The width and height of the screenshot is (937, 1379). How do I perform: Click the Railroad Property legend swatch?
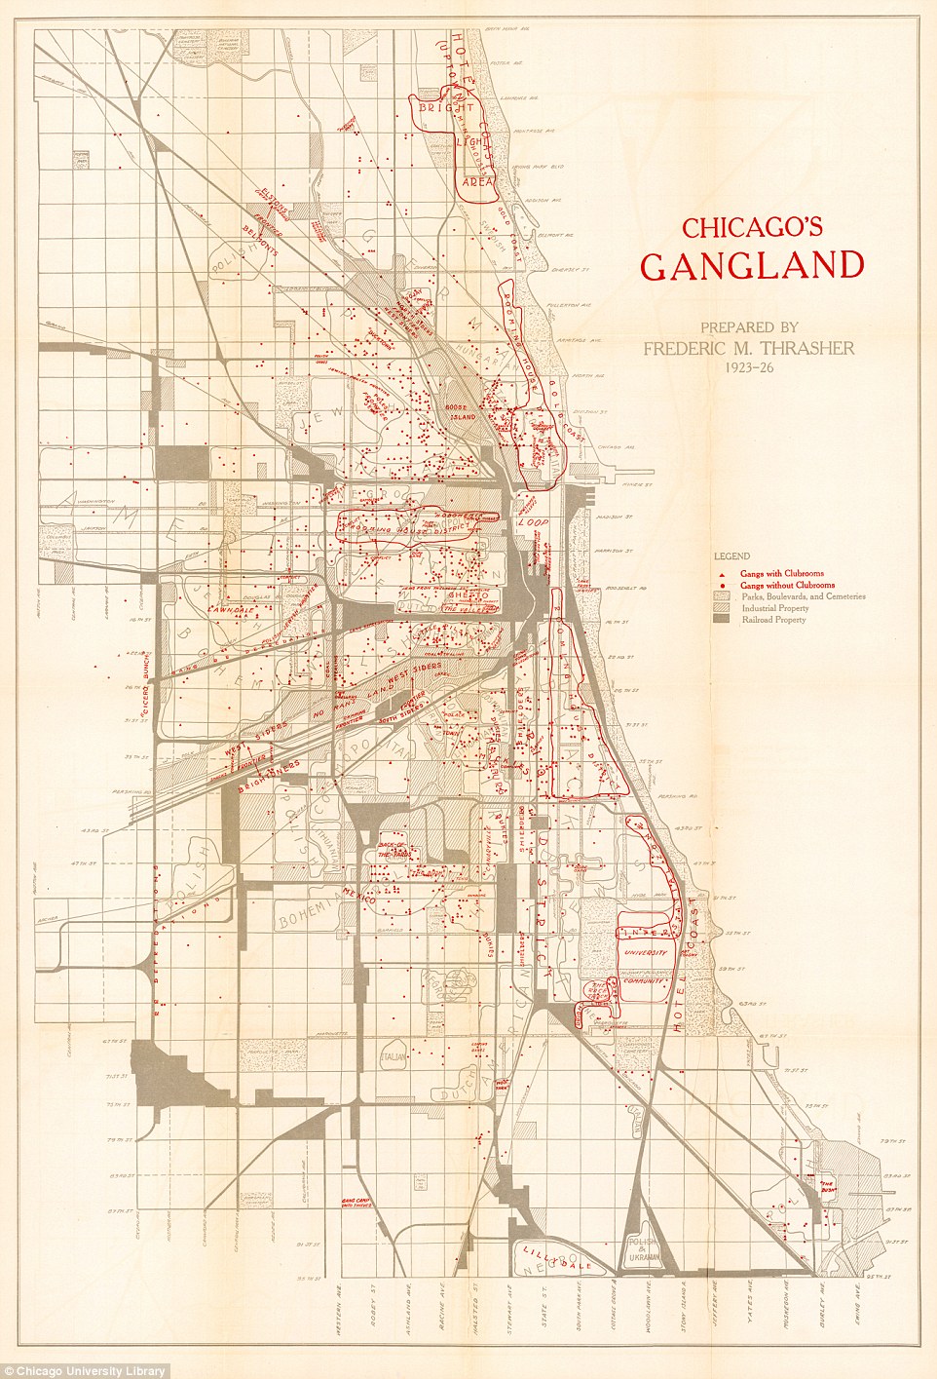point(722,620)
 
